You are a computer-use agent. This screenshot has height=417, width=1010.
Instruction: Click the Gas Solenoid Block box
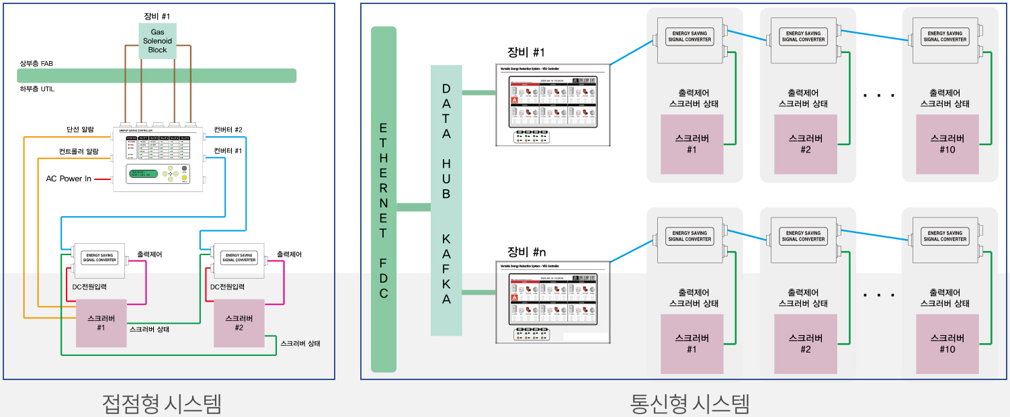tap(157, 41)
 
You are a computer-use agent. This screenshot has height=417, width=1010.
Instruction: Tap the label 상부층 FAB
tap(36, 63)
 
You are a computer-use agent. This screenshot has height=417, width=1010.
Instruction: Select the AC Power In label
tap(69, 179)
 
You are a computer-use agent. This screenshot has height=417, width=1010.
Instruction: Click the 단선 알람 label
tap(80, 129)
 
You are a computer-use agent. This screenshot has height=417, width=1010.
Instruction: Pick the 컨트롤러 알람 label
tap(79, 152)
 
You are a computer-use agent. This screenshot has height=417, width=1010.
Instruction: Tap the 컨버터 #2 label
tap(228, 129)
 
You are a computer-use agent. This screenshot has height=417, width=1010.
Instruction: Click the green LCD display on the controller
tap(144, 174)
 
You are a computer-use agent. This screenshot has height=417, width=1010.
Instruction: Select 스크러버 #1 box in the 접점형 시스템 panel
tap(101, 323)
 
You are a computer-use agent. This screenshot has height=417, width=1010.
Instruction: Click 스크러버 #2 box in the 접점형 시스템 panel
tap(239, 323)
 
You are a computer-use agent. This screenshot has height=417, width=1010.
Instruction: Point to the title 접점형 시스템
tap(161, 404)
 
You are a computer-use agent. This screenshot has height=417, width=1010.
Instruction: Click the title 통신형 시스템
tap(689, 404)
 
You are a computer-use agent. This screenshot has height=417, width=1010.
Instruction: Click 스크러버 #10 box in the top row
tap(947, 143)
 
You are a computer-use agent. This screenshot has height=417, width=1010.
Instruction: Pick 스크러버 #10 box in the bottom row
tap(947, 343)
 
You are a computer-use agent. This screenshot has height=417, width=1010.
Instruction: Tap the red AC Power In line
tap(103, 179)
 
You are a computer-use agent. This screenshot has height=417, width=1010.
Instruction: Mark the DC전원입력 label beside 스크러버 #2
tap(227, 287)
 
